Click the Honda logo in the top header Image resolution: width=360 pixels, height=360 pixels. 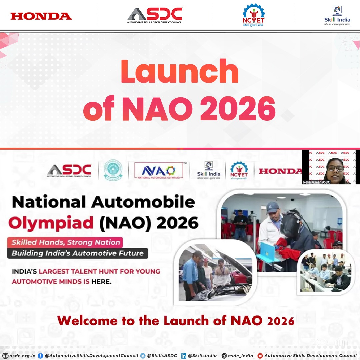coord(41,16)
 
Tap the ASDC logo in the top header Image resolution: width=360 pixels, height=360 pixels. coord(155,15)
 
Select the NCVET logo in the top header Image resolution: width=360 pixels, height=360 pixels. coord(253,15)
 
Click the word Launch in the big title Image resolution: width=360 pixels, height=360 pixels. coord(180,71)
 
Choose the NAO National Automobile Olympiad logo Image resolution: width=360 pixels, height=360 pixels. coord(159,171)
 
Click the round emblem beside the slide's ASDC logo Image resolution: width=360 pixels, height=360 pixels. coord(113,170)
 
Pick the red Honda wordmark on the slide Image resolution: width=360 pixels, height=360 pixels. coord(280,171)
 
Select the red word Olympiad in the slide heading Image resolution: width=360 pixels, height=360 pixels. coord(51,223)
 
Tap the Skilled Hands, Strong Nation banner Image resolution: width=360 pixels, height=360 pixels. coord(65,242)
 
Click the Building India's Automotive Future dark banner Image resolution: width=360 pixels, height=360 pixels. coord(77,253)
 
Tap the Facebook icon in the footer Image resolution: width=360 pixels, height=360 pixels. coord(40,356)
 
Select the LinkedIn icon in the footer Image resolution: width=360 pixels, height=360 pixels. coord(183,356)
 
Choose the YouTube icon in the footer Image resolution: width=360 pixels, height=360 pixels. coord(260,356)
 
